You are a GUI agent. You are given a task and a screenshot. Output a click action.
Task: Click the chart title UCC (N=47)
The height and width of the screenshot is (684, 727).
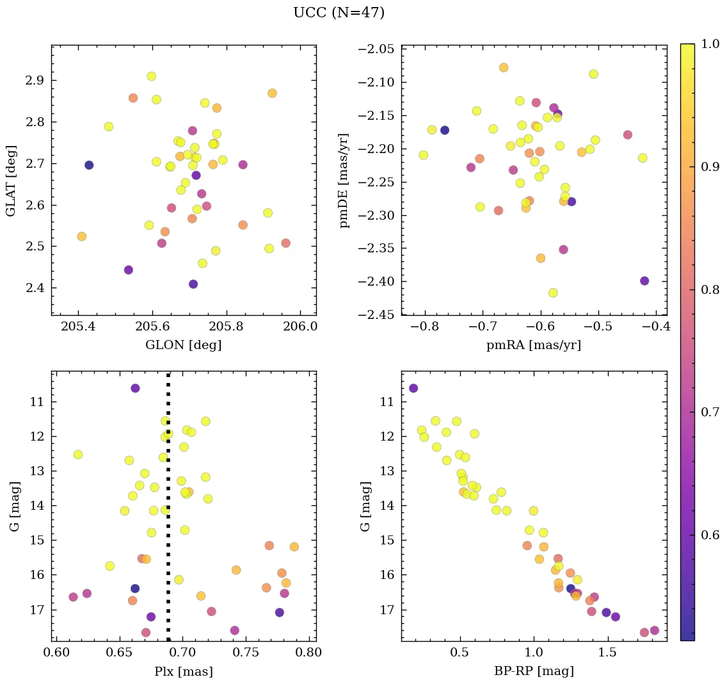[339, 13]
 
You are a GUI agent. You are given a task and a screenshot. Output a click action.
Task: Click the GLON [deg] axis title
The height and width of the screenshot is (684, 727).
[184, 345]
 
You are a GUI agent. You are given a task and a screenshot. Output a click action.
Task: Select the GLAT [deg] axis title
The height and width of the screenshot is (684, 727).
[12, 181]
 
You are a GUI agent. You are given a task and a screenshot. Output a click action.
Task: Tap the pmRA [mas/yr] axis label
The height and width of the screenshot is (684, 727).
[534, 345]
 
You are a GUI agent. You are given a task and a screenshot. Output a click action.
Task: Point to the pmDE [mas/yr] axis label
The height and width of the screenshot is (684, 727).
[345, 181]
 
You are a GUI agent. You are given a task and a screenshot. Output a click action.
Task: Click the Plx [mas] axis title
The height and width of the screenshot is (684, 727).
[184, 671]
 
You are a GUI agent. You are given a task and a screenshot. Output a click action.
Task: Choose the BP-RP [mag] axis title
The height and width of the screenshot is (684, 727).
[534, 671]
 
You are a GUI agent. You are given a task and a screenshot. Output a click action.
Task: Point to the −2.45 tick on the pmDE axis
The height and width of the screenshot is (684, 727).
[378, 314]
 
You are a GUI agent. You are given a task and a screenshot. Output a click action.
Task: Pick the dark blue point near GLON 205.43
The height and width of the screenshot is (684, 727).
[89, 165]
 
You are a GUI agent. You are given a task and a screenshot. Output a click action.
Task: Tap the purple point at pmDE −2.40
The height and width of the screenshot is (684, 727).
[644, 281]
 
